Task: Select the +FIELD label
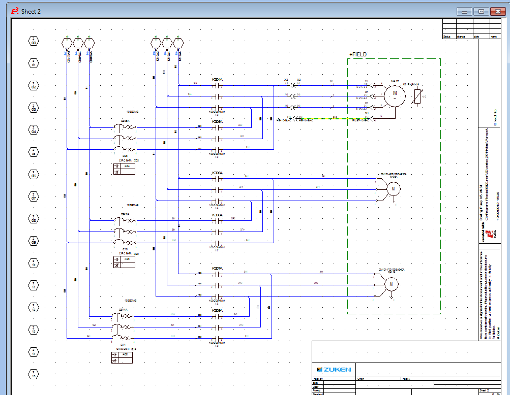(357, 54)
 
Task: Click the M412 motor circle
(394, 94)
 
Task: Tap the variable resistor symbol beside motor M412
(417, 95)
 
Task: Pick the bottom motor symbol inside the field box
(392, 285)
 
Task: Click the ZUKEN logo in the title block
(334, 369)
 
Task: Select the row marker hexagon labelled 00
(34, 41)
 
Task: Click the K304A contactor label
(217, 80)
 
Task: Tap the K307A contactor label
(217, 268)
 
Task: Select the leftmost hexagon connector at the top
(67, 41)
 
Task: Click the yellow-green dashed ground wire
(315, 119)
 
